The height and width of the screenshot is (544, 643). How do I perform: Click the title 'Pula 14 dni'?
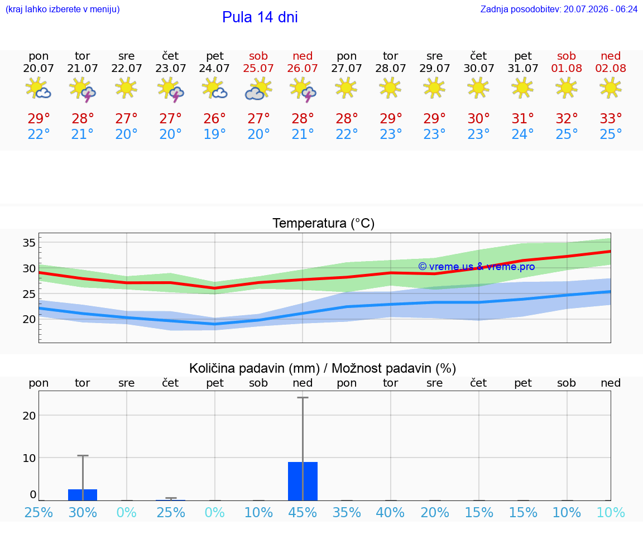pyautogui.click(x=260, y=17)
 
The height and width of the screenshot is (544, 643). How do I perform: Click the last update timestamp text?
pyautogui.click(x=559, y=9)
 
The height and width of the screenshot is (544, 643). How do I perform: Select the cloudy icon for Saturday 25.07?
pyautogui.click(x=258, y=89)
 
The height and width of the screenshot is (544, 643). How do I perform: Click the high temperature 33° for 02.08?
pyautogui.click(x=611, y=118)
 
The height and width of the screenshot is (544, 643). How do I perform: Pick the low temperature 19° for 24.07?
pyautogui.click(x=214, y=134)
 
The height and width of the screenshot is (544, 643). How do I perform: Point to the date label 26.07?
pyautogui.click(x=302, y=69)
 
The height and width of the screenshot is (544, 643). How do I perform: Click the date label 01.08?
pyautogui.click(x=567, y=69)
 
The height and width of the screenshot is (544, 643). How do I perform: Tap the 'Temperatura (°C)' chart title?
pyautogui.click(x=324, y=223)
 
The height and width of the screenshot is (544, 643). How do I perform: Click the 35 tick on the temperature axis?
pyautogui.click(x=29, y=243)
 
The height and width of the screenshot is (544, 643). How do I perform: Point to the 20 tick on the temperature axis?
pyautogui.click(x=29, y=319)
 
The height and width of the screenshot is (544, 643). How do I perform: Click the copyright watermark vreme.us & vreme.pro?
pyautogui.click(x=477, y=267)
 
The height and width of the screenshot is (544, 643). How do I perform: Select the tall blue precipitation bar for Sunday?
pyautogui.click(x=303, y=482)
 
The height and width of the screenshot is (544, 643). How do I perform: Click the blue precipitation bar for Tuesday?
pyautogui.click(x=83, y=495)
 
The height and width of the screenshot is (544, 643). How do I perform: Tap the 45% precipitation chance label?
pyautogui.click(x=303, y=512)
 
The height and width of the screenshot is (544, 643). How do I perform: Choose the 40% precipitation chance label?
pyautogui.click(x=390, y=512)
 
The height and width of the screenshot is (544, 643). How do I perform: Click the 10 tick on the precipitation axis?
pyautogui.click(x=29, y=458)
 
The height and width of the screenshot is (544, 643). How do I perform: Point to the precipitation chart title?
pyautogui.click(x=323, y=368)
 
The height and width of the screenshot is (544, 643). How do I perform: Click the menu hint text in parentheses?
pyautogui.click(x=63, y=9)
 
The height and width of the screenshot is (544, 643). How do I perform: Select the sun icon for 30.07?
pyautogui.click(x=478, y=88)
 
